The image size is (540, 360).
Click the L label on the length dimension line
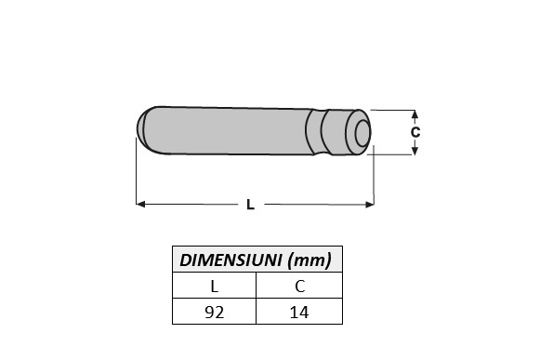[250, 205]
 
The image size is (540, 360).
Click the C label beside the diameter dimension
[415, 132]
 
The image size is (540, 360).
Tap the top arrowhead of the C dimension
[415, 113]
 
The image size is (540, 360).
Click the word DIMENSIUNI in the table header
[230, 259]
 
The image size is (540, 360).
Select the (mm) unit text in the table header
[310, 259]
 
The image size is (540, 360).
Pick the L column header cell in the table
[215, 287]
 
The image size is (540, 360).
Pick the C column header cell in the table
[299, 287]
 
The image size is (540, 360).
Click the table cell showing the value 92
[215, 313]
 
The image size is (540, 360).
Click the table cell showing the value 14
[299, 313]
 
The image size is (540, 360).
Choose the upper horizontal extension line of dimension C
[395, 110]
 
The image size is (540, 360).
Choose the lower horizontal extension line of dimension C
[395, 154]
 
